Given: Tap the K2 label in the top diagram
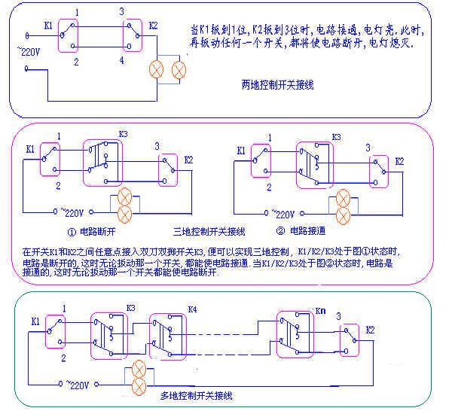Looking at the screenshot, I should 154,25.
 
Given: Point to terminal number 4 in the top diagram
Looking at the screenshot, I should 121,60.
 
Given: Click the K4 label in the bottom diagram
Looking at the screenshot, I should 191,309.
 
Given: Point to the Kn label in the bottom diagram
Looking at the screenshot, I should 319,309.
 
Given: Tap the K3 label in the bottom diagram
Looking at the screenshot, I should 130,308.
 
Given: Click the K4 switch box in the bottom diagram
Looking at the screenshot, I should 166,333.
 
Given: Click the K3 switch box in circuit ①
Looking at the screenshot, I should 101,160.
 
